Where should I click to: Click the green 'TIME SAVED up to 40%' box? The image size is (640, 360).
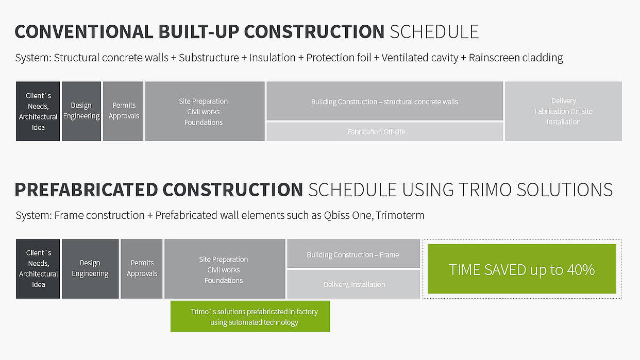pos(521,269)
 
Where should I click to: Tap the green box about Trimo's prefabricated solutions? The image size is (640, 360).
pos(250,316)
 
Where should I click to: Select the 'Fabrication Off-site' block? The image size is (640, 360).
pos(384,132)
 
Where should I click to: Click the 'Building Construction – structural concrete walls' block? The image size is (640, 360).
pos(384,101)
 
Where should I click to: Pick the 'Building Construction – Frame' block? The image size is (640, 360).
pos(353,253)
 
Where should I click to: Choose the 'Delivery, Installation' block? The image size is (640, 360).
pos(353,284)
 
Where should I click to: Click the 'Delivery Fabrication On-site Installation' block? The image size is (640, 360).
pos(563,111)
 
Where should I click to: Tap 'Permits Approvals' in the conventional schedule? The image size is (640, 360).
pos(123,111)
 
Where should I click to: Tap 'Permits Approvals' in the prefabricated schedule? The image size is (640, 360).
pos(141,269)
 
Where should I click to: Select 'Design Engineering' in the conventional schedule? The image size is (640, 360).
pos(81,111)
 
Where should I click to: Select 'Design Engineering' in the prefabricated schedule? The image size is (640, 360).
pos(90,269)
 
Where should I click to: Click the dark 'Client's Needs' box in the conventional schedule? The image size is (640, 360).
pos(38,111)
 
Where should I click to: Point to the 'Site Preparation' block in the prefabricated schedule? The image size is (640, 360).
pos(225,269)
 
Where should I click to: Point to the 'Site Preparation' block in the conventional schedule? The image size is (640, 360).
pos(205,111)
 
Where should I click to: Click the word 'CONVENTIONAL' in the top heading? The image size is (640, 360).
pos(84,31)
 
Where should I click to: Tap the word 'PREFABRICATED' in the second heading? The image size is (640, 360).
pos(86,190)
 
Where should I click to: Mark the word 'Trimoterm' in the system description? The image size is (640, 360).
pos(400,215)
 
